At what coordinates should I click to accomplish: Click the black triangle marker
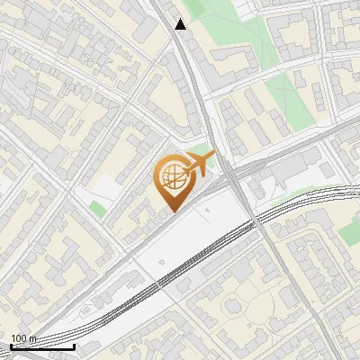[x=181, y=24]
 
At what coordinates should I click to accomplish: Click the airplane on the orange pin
[x=200, y=165]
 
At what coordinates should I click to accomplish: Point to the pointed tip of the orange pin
[x=172, y=211]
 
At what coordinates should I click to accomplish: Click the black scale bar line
[x=42, y=346]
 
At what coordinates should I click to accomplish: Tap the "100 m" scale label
[x=23, y=338]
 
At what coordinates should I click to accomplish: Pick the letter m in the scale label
[x=32, y=338]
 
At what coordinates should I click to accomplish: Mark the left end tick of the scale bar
[x=11, y=345]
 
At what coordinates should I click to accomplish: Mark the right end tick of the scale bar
[x=74, y=345]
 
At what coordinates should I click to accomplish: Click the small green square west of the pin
[x=96, y=209]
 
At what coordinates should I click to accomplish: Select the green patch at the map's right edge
[x=349, y=232]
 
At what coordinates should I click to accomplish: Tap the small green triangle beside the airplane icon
[x=203, y=151]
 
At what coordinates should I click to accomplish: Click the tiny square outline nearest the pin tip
[x=207, y=211]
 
